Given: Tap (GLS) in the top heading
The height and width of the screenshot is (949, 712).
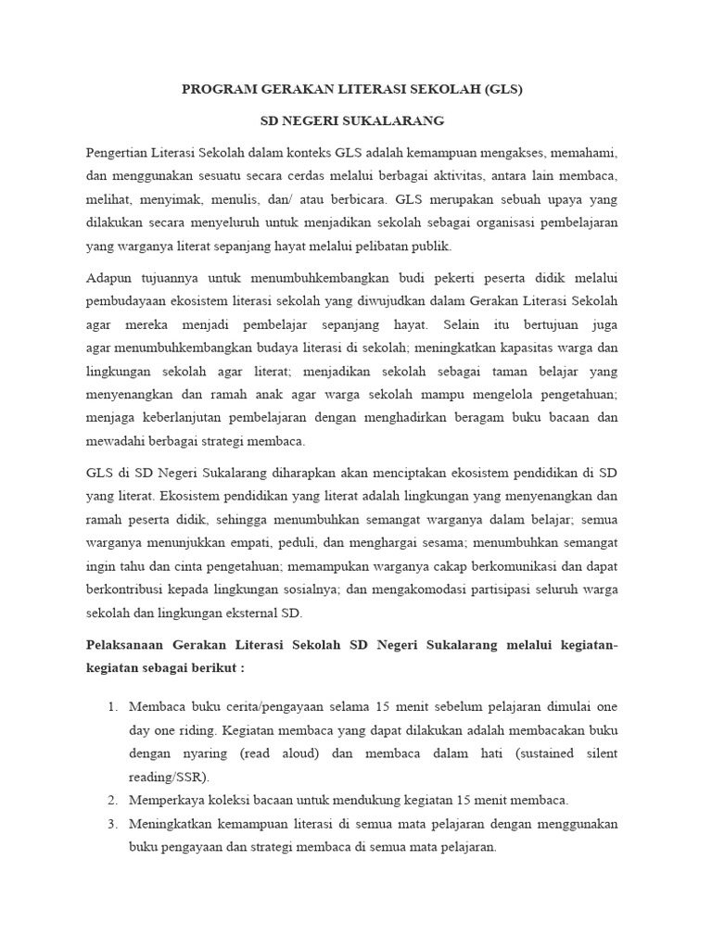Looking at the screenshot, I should (x=502, y=90).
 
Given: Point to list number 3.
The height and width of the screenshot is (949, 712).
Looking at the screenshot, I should (x=112, y=824).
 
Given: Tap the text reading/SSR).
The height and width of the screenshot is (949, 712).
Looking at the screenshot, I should (x=170, y=777).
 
